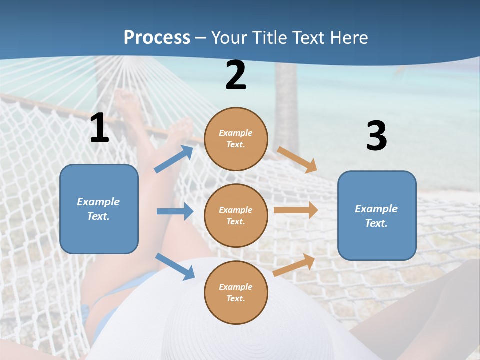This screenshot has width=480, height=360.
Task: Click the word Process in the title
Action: point(157,38)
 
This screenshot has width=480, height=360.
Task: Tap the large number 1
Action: point(99,128)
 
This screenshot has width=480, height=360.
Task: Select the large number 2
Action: point(236,76)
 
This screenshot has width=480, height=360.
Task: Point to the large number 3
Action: point(376,136)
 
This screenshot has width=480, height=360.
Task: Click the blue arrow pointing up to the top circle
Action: point(174,159)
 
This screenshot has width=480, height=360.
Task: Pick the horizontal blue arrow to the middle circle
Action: point(175,211)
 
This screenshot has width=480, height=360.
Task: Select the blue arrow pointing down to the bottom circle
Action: point(175,266)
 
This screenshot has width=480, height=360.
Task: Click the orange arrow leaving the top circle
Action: point(297,160)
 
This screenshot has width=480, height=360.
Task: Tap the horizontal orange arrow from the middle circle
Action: point(296,210)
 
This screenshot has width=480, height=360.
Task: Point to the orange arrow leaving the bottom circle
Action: point(294,265)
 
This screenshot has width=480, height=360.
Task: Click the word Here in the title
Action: point(349,38)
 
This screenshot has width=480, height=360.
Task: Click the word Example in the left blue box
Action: point(98,202)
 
